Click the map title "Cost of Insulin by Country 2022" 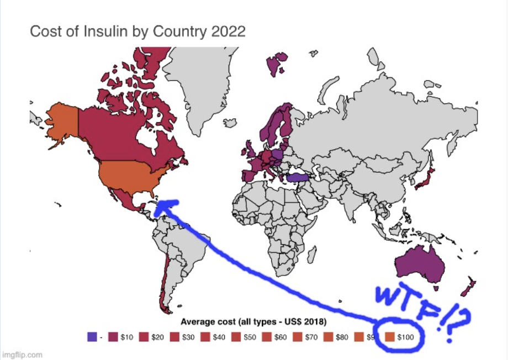(137, 30)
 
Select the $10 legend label (126, 336)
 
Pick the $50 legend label (250, 336)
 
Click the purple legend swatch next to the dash (92, 336)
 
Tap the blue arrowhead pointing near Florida (166, 207)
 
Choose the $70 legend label (311, 336)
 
